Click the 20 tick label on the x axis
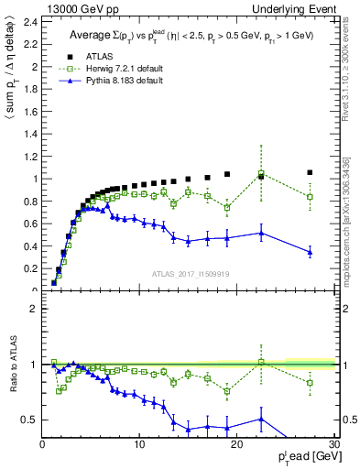236,444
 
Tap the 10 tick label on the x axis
139,444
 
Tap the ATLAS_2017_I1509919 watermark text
190,273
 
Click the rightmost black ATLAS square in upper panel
310,172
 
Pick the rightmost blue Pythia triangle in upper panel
310,252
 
